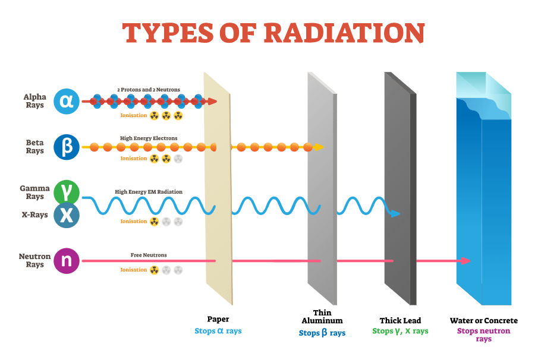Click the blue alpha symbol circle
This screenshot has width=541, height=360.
click(x=67, y=102)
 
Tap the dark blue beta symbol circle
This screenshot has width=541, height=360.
click(x=67, y=147)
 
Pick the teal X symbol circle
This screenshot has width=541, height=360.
click(x=67, y=215)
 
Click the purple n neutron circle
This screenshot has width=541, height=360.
click(x=67, y=261)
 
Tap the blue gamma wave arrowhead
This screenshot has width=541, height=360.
click(x=395, y=213)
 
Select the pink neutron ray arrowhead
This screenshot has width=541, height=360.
click(x=465, y=261)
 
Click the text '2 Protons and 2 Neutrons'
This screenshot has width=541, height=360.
click(x=149, y=90)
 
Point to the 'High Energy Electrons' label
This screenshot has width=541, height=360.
click(x=149, y=138)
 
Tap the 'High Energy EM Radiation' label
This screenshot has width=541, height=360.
click(x=149, y=192)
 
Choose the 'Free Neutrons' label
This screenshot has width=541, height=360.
click(x=149, y=255)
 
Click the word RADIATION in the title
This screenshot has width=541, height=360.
click(x=344, y=33)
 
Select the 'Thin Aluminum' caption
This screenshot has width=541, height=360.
click(x=322, y=317)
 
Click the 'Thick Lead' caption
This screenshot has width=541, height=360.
click(x=400, y=321)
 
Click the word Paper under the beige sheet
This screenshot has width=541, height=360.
click(x=218, y=320)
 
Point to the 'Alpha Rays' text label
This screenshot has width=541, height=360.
click(x=34, y=101)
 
